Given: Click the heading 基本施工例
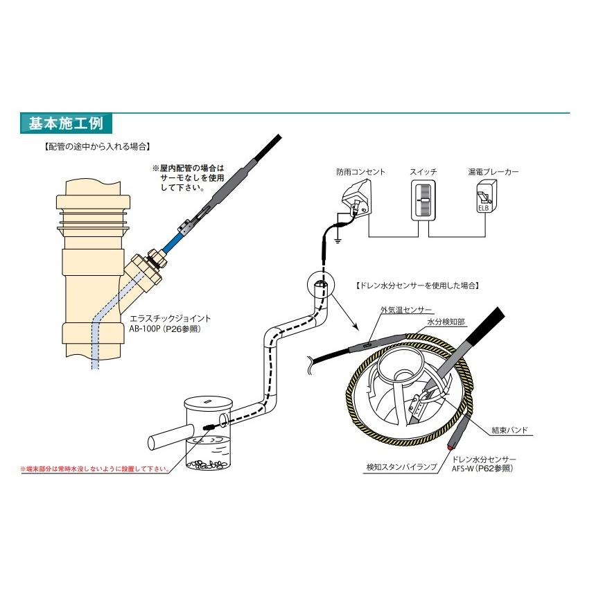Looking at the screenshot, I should (66, 124).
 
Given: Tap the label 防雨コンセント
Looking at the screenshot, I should (360, 171).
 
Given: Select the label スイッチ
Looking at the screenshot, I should (422, 171).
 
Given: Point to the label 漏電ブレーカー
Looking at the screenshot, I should (493, 171).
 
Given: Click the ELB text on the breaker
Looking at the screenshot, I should (483, 207).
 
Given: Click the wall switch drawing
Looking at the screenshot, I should (422, 201).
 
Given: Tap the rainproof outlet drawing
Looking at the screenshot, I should (358, 197).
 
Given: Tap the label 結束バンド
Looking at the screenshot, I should (509, 430).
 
